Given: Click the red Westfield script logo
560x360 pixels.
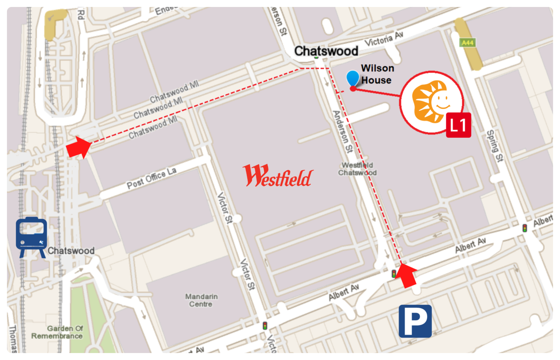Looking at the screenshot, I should (x=278, y=176).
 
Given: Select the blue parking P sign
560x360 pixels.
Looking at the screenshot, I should (x=415, y=321).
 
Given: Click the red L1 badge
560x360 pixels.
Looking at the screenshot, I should (x=458, y=125).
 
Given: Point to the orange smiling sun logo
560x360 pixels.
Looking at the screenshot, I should (x=431, y=102).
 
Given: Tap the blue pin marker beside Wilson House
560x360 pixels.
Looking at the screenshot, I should (x=353, y=78).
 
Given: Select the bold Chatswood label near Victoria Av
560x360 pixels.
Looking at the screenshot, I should (x=326, y=50).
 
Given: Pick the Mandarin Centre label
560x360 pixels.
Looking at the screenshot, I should (x=198, y=300).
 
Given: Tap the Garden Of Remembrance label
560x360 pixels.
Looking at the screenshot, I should (x=57, y=332).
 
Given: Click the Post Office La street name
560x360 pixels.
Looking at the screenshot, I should (x=152, y=179).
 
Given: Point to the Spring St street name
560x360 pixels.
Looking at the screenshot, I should (x=493, y=146).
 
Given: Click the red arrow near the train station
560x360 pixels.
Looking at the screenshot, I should (x=78, y=147).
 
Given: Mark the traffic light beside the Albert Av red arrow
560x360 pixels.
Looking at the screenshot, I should (x=394, y=274).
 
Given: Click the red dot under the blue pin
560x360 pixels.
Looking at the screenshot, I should (x=353, y=88).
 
